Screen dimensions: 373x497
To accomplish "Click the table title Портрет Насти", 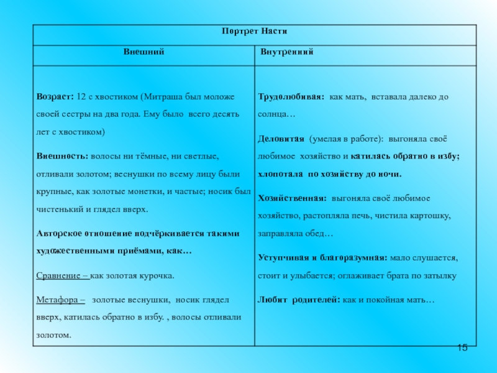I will coord(255,32).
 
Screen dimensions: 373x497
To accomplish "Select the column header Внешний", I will coord(144,52).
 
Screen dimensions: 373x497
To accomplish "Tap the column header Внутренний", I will coord(286,52).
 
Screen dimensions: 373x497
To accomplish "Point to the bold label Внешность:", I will coord(62,155).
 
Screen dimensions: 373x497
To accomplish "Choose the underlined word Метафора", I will coord(60,300).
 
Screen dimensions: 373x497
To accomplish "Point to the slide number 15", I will coord(462,347).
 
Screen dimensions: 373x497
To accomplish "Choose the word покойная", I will coord(386,300).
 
